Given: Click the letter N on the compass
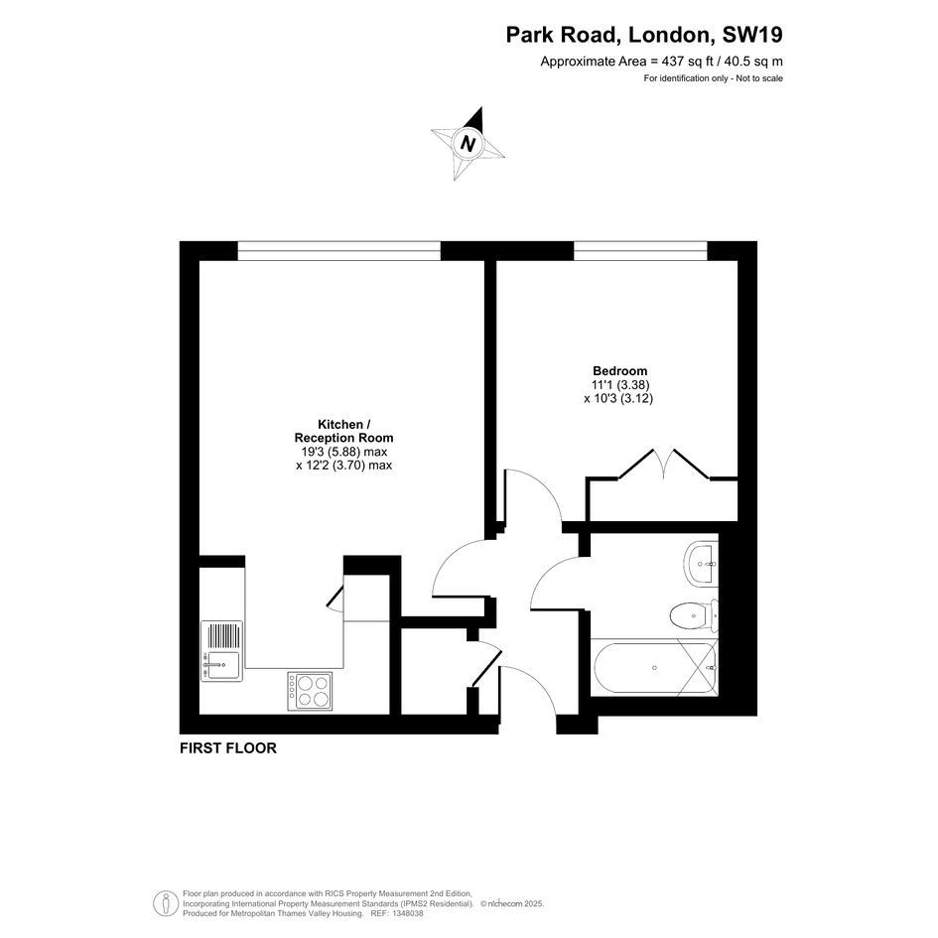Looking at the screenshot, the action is click(469, 144).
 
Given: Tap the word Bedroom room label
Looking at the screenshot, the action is click(619, 371).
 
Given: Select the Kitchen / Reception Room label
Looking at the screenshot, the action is click(344, 431).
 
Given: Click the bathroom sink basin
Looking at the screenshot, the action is click(701, 563).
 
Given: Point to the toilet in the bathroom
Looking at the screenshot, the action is click(694, 615).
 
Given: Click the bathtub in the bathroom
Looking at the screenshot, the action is click(654, 667).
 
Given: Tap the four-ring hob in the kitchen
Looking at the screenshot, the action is click(310, 691).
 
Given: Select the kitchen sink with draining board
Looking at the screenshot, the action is click(222, 651).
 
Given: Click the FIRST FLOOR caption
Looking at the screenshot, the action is click(228, 747).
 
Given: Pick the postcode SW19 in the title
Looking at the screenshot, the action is click(752, 35).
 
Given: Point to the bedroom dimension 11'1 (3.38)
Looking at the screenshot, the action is click(619, 385).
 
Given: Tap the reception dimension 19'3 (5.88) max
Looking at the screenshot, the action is click(344, 452).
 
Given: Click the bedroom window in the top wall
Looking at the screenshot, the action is click(640, 251).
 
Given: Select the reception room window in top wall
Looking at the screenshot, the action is click(339, 251).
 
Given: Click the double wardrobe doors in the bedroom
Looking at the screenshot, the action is click(663, 465).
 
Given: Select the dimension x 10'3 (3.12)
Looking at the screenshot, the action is click(618, 398).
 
